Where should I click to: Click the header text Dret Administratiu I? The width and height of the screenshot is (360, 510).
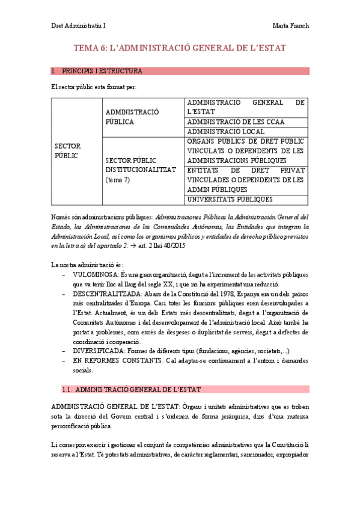(x=78, y=26)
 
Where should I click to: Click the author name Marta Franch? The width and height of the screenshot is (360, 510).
(x=290, y=26)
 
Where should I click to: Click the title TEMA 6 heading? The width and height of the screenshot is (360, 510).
(x=179, y=48)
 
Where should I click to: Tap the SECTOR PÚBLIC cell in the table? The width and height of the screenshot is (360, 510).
(x=67, y=151)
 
